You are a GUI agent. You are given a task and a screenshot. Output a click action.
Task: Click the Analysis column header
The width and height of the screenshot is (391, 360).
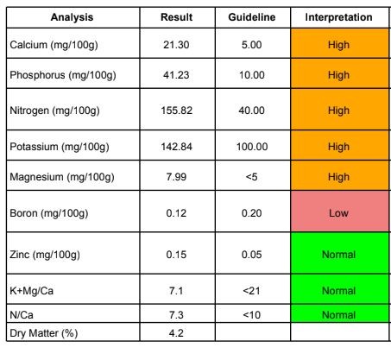point(72,17)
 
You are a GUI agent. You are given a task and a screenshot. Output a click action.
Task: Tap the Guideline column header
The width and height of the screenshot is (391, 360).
point(252,17)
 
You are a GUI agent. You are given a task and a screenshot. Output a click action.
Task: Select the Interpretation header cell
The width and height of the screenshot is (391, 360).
point(338,17)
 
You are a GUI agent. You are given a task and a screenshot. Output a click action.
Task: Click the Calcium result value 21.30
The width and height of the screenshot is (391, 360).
point(176,45)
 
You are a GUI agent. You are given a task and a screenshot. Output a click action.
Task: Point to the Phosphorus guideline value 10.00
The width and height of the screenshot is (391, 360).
point(252,75)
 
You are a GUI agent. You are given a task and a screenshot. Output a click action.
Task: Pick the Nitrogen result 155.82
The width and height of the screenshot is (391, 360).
point(176,111)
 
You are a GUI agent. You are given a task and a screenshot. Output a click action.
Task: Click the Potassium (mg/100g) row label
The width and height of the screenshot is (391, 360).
point(60,147)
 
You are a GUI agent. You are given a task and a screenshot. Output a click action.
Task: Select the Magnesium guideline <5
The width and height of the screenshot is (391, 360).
point(251,177)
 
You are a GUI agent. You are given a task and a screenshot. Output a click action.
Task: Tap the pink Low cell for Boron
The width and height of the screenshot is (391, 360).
point(339,212)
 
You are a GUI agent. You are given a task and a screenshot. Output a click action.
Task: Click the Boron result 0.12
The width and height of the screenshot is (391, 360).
point(176,213)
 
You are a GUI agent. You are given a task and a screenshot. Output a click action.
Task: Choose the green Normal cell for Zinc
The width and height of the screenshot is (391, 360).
point(339,253)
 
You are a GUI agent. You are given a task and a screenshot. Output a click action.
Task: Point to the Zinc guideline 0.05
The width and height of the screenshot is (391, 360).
point(251,255)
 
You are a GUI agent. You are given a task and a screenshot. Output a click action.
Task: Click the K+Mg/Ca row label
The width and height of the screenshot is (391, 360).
point(31,291)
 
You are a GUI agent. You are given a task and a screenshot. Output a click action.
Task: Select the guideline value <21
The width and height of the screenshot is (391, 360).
point(251,291)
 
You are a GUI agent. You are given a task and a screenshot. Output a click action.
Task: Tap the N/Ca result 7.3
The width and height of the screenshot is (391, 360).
point(176,315)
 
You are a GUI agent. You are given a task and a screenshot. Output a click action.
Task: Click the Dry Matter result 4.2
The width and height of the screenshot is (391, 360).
point(176,333)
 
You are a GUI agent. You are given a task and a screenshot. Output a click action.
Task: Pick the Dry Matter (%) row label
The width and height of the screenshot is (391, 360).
point(44,333)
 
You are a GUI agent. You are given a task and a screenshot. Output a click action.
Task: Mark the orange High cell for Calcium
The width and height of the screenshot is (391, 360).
point(339,43)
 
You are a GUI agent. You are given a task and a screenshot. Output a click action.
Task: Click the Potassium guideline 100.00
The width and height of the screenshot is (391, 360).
point(252,147)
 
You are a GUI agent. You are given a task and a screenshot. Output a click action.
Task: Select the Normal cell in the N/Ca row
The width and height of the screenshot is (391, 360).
point(339,313)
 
